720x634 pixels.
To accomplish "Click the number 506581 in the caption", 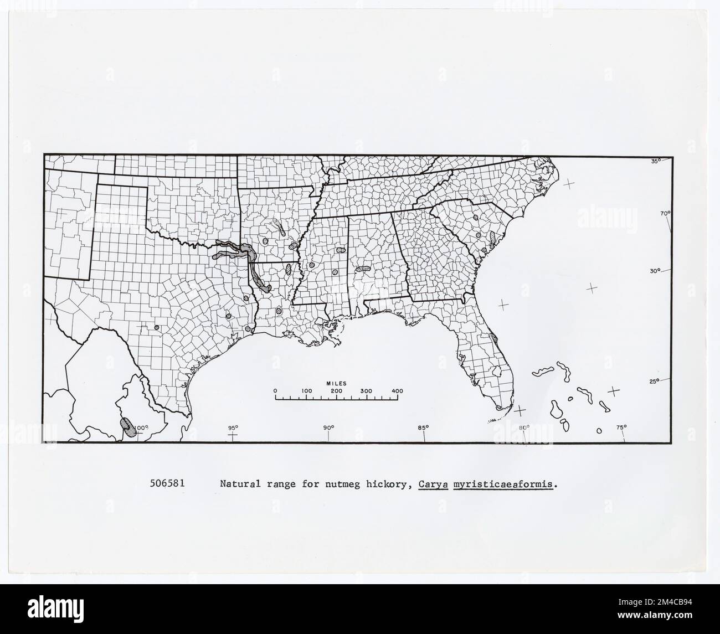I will point(167,483).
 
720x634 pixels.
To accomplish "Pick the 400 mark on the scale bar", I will point(397,391).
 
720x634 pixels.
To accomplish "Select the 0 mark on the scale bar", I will point(275,391).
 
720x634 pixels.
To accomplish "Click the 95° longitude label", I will point(233,427).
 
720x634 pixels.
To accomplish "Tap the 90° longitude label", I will point(328,427).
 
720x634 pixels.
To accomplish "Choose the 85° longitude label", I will point(424,427).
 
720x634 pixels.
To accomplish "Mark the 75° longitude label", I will point(621,427).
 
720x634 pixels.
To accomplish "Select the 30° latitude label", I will point(656,271).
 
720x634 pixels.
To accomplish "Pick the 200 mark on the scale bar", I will point(336,391).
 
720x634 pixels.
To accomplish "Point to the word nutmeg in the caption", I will point(348,483).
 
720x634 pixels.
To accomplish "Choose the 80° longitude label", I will point(524,427).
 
